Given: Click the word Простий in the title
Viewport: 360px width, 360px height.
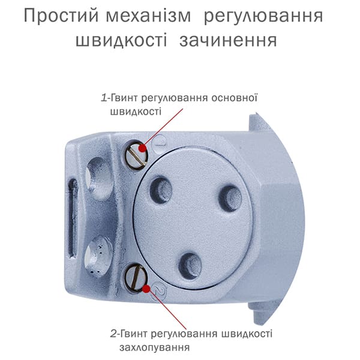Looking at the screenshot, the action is pos(61,16).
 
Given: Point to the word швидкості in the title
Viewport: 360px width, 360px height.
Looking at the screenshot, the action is pos(121,40).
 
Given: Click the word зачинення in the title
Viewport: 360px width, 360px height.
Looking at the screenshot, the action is pos(228,40).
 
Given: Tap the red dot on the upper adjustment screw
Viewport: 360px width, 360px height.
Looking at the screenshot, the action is pos(142,148).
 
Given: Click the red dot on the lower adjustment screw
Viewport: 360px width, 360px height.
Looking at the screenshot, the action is pos(146,289).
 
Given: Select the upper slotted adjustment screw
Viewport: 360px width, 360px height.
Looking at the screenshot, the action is pos(136,155).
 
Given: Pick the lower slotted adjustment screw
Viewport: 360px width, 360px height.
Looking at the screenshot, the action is pos(135,278).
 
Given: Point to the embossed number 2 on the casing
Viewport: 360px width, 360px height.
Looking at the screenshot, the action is pos(160,291).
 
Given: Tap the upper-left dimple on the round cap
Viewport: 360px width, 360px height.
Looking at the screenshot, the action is pos(161,190).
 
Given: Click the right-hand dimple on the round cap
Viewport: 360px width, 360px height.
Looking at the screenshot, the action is pos(230,199).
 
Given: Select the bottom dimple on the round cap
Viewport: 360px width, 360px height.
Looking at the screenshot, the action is pos(190,266).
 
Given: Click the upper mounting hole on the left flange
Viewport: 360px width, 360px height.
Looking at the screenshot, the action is pos(98,175).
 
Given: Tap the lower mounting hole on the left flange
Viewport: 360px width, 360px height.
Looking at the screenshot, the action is pos(96,257).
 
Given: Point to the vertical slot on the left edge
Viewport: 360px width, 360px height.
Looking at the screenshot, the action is pos(73,218).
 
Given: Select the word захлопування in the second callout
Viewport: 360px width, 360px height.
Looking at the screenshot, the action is pos(155,347).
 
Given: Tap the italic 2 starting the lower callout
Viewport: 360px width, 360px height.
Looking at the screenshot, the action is pos(114,334).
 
